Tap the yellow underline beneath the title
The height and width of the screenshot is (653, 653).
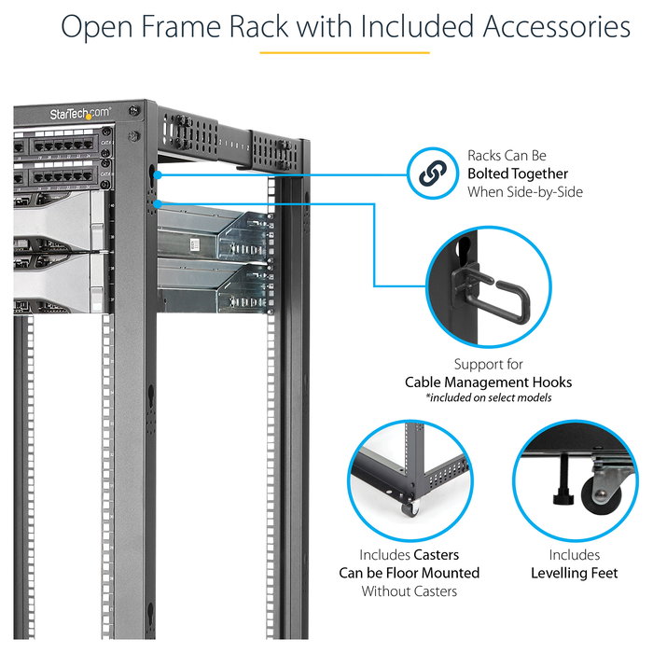coord(344,52)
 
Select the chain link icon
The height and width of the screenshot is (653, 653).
coord(430,174)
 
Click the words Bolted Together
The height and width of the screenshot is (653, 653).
coord(518,174)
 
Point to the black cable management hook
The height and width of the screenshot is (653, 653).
coord(499,293)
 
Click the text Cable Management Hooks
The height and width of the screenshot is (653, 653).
coord(488,382)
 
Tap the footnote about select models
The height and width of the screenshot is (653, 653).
coord(488,398)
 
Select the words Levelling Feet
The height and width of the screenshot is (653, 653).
coord(574,573)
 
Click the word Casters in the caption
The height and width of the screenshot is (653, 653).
coord(437,555)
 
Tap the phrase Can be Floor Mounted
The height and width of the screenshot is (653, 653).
coord(409,573)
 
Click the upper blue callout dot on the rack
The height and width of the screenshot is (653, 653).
coord(160,174)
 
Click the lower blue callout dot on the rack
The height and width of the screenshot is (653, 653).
coord(160,202)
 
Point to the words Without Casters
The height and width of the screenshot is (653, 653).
coord(409,590)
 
